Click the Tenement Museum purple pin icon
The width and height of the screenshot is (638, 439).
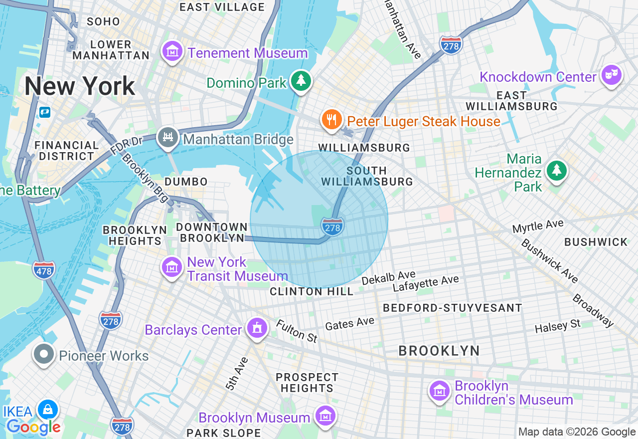point(172,51)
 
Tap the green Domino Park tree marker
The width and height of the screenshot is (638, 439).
point(301,80)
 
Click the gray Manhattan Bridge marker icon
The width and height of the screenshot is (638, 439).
point(168,138)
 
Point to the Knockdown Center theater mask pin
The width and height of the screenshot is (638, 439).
point(611,75)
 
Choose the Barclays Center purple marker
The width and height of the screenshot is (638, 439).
point(257,328)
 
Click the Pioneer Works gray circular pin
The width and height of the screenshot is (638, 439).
point(44,354)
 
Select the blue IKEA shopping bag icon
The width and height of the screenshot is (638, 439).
point(48,410)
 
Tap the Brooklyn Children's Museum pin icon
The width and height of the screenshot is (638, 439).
point(440,391)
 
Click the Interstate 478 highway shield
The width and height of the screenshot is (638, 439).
point(44,270)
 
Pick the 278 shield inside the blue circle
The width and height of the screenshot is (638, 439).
point(332,227)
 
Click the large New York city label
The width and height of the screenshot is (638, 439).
point(80,86)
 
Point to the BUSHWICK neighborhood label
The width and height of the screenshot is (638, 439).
point(596,242)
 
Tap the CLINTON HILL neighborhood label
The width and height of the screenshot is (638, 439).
point(312,291)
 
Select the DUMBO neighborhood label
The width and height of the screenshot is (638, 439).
point(186,182)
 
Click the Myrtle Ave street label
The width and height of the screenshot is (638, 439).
point(538,226)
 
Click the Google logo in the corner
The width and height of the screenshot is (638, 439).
point(33,427)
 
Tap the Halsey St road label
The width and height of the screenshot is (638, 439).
point(557,327)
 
